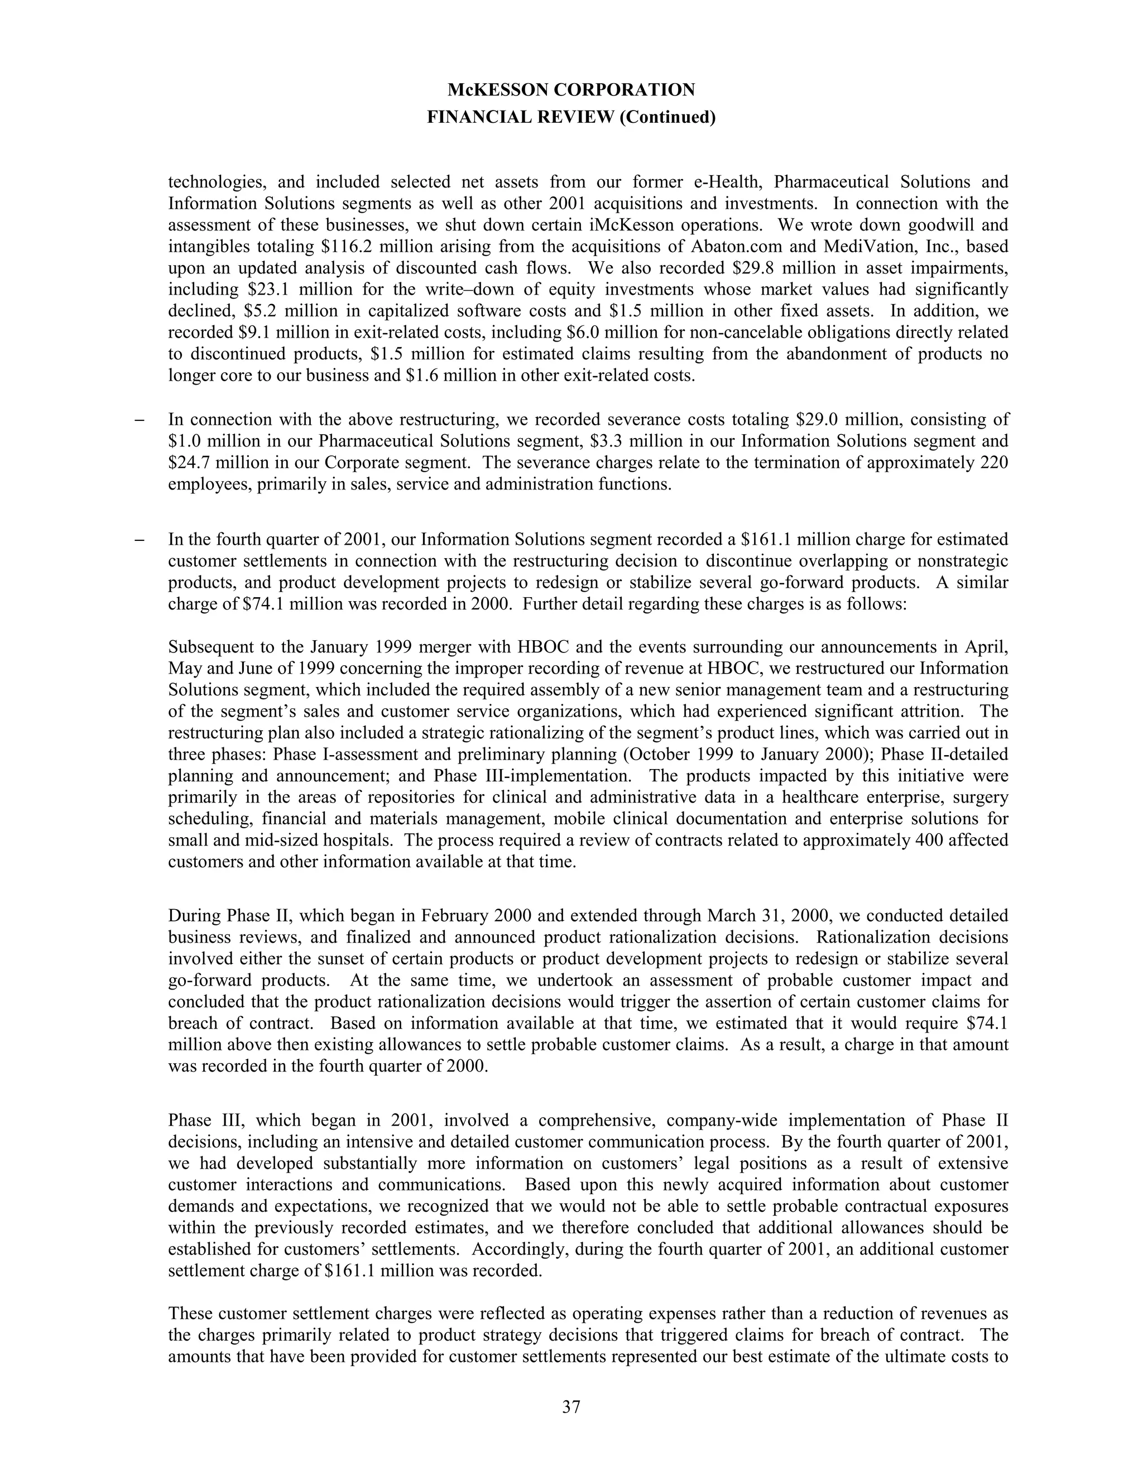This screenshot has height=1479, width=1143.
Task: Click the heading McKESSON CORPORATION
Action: click(x=571, y=89)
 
